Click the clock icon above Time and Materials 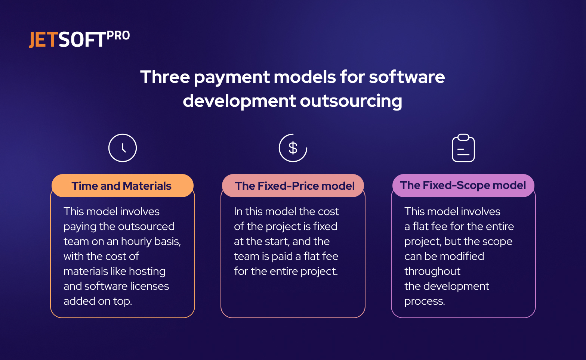point(123,148)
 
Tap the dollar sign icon point(293,148)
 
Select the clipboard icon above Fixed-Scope point(463,148)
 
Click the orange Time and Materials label point(122,186)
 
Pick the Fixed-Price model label point(294,186)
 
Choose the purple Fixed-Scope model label point(463,185)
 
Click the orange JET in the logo point(43,40)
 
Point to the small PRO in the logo point(118,35)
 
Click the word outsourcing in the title point(351,101)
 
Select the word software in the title point(407,77)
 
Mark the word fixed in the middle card point(325,227)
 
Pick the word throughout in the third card point(432,271)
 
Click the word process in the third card point(424,301)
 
